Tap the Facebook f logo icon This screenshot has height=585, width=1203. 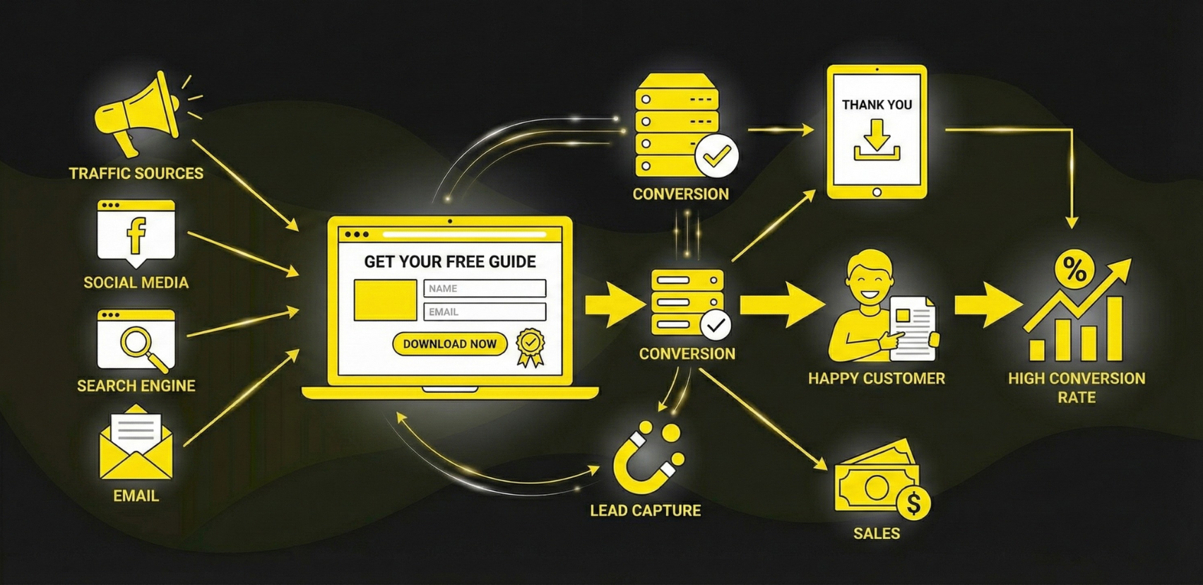point(136,235)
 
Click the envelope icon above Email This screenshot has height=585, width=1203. point(136,446)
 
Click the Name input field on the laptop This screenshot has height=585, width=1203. point(485,288)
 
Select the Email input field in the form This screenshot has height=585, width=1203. point(485,312)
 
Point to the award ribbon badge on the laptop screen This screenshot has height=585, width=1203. point(531,346)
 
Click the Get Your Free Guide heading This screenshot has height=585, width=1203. point(450,262)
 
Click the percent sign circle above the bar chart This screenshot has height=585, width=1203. point(1074,269)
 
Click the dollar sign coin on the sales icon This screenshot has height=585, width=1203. point(913,503)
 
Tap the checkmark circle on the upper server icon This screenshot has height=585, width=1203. point(716,157)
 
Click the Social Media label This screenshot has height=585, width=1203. point(136,283)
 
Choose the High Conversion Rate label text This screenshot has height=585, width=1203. point(1077,388)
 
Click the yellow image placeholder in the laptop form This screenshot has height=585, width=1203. point(385,300)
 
